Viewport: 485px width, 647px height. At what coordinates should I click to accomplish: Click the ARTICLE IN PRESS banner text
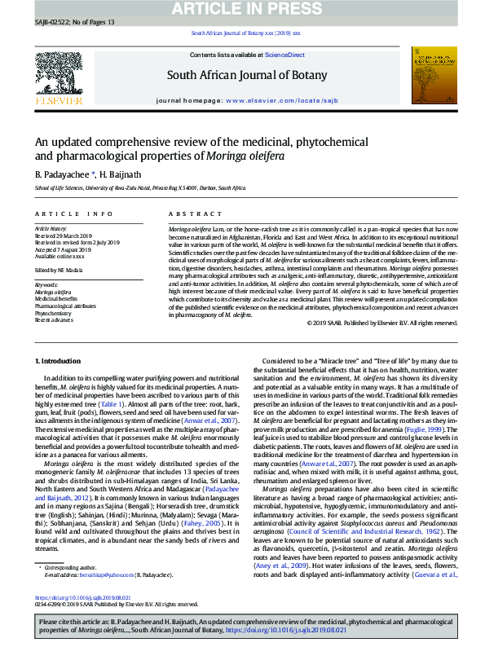242,9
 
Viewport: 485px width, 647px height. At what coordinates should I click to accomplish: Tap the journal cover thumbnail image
433,75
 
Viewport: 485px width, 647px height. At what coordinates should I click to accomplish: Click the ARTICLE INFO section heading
73,213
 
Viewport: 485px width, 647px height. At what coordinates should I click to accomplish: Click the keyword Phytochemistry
53,313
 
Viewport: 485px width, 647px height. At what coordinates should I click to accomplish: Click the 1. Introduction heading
60,359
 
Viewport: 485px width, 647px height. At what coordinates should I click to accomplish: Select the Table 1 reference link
111,404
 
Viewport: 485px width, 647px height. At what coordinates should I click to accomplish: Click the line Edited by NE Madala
60,270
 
